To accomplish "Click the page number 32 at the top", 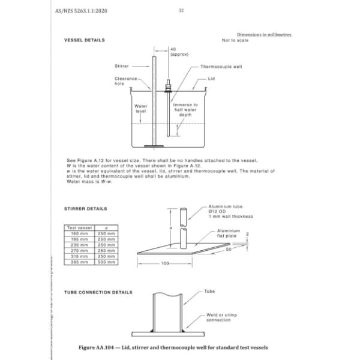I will pyautogui.click(x=181, y=10).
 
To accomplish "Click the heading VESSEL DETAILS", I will pyautogui.click(x=85, y=40).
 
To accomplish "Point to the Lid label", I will pyautogui.click(x=211, y=78).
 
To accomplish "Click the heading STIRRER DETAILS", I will pyautogui.click(x=86, y=209).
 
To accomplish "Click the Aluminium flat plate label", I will pyautogui.click(x=228, y=234).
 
